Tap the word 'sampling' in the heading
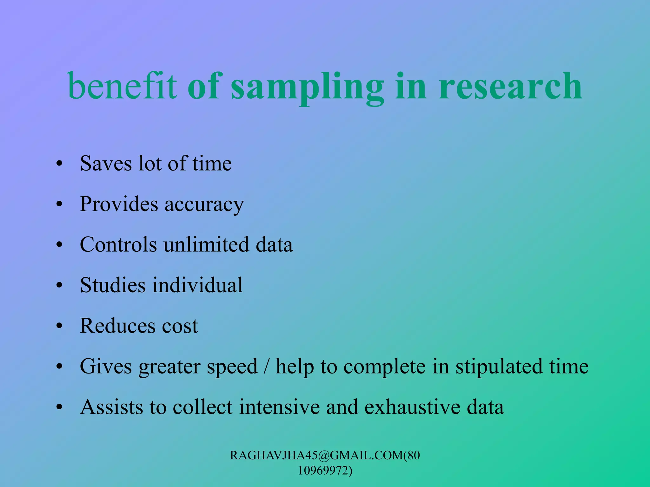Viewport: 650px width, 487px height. click(x=307, y=87)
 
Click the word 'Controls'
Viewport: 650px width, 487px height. click(x=118, y=245)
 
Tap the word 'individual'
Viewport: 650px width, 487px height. click(x=198, y=285)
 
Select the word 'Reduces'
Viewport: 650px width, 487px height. click(x=117, y=326)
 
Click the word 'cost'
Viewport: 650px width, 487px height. click(x=180, y=326)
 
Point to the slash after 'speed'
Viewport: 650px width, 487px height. click(x=267, y=367)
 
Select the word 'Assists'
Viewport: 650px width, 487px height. click(x=111, y=407)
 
